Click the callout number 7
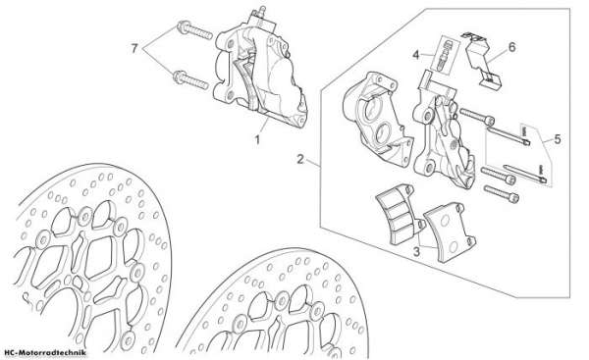(134, 48)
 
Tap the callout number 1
(257, 140)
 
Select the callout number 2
(299, 159)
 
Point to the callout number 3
(416, 251)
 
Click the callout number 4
(415, 55)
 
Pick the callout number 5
(557, 139)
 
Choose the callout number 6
(512, 48)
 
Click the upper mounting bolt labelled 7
(194, 31)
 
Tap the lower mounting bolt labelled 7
(190, 80)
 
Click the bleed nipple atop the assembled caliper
(261, 11)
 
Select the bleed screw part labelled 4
(446, 53)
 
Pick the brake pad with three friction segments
(400, 215)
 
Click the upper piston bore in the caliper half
(371, 110)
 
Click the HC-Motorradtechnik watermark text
(45, 352)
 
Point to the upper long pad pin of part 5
(509, 135)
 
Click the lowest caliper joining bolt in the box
(502, 193)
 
